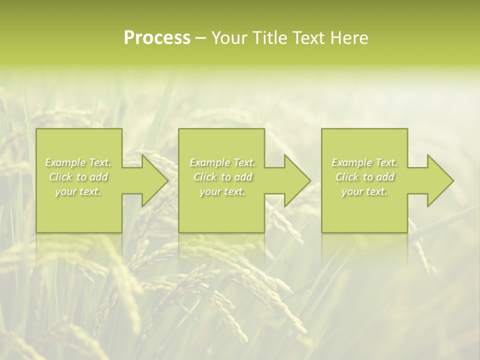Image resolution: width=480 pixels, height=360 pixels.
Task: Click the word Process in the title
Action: click(x=157, y=38)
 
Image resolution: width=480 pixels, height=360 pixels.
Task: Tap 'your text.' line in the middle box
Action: click(x=222, y=191)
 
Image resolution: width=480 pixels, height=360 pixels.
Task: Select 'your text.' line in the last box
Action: click(x=364, y=191)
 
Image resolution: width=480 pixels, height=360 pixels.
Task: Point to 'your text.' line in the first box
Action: click(x=78, y=191)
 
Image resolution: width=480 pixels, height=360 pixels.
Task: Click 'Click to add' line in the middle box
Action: click(x=222, y=177)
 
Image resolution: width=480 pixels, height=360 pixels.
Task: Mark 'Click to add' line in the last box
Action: click(x=364, y=177)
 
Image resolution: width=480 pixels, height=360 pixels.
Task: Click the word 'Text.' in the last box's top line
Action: click(x=386, y=162)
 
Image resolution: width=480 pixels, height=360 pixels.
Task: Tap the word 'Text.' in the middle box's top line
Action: click(x=243, y=162)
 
